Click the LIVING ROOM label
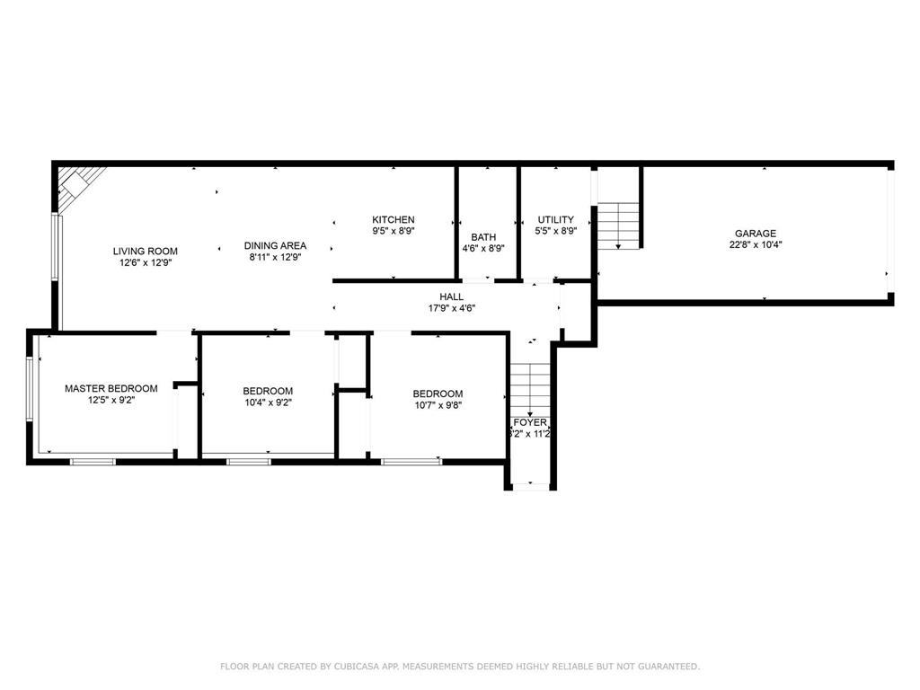pos(145,251)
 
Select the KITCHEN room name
pos(394,219)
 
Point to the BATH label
pos(483,237)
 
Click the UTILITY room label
pos(555,219)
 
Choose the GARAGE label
pos(755,233)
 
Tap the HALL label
pos(451,296)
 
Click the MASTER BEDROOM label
pos(111,388)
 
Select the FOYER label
pos(530,421)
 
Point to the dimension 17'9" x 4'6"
pos(451,308)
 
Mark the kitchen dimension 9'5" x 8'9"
pos(394,231)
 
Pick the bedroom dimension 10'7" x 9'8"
pos(438,405)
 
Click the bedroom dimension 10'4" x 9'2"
pos(268,402)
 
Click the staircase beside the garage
pos(619,225)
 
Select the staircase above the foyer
pos(530,386)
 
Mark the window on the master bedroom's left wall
pos(30,388)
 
